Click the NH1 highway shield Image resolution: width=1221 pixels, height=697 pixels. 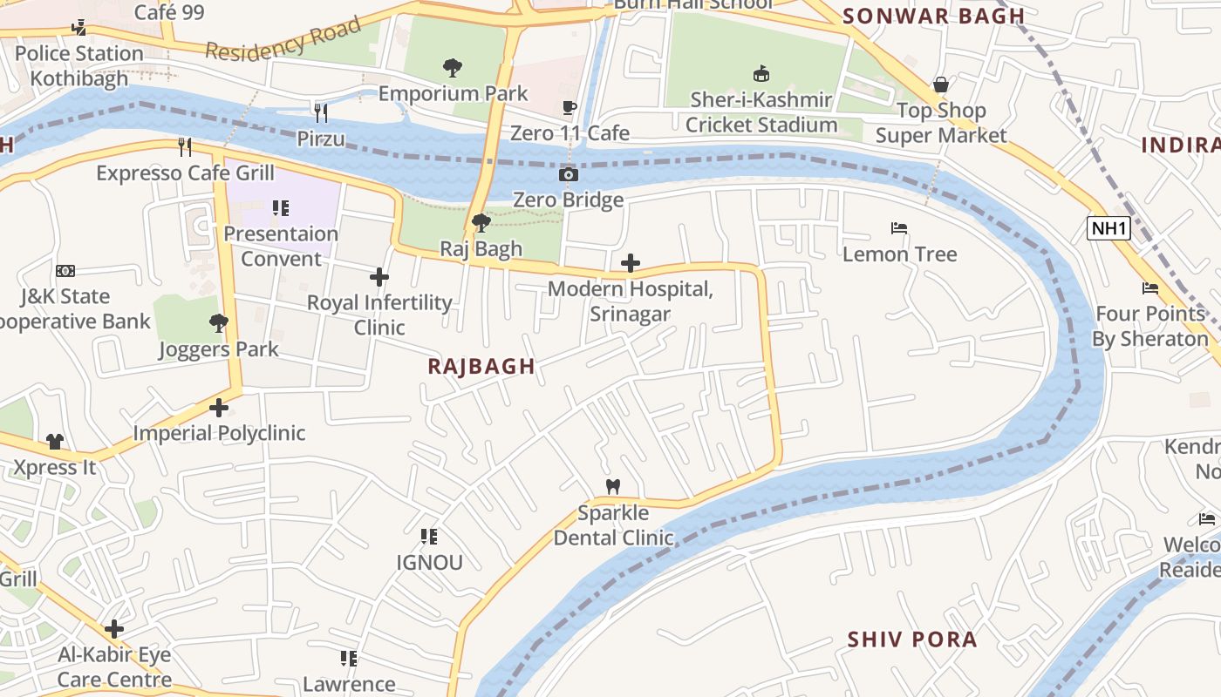click(1108, 229)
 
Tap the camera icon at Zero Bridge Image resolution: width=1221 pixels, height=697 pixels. click(568, 175)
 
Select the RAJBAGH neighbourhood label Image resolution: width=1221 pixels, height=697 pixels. click(481, 366)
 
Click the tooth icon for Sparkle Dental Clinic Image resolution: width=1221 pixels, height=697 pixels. click(613, 486)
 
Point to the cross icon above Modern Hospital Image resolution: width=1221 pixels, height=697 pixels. click(630, 263)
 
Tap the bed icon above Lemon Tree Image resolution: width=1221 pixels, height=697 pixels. click(899, 229)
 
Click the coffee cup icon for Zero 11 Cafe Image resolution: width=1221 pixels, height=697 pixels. click(569, 108)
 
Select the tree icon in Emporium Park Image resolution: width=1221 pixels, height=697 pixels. click(452, 67)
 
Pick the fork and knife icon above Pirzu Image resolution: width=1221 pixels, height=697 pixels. click(321, 112)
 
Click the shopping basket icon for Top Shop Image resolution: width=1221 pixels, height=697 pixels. click(940, 85)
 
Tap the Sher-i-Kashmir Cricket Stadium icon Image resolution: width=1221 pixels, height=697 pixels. click(761, 73)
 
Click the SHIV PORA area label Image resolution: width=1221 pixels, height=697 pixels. click(911, 639)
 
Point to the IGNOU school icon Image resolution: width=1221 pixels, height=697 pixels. click(428, 537)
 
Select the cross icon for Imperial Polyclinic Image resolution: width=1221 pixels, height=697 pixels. click(218, 408)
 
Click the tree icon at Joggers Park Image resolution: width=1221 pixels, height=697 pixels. click(218, 324)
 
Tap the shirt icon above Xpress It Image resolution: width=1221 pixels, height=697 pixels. click(54, 442)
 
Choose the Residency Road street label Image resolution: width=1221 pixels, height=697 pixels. click(283, 39)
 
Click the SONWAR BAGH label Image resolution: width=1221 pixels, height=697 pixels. click(933, 16)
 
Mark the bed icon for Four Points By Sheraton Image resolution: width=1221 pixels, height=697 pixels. click(1149, 288)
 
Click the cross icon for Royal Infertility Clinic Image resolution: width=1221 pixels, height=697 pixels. click(379, 278)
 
